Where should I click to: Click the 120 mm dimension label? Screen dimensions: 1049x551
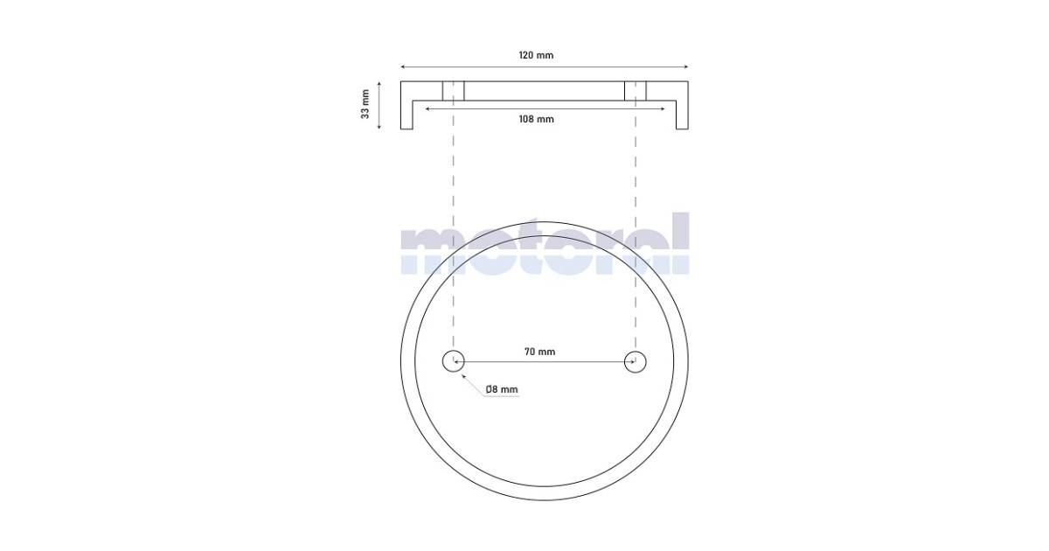pos(536,55)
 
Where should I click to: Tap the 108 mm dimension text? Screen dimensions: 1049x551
pos(536,119)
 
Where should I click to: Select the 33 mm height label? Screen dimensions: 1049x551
pos(365,104)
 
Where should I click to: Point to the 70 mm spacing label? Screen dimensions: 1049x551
pos(539,352)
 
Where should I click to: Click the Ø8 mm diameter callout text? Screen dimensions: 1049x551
pos(502,389)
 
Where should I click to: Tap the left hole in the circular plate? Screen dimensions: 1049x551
pos(454,362)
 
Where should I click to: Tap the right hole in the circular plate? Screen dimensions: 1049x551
pos(635,362)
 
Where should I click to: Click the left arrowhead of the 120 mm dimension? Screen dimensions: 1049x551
pos(401,67)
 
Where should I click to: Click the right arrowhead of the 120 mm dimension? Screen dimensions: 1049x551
pos(687,67)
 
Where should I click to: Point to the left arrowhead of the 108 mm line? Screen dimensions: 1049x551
pos(426,109)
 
